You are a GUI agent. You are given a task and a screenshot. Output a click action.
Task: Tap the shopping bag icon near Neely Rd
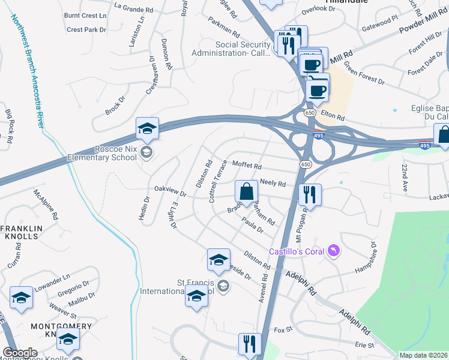[246, 192]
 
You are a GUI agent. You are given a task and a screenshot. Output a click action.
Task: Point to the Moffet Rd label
[247, 166]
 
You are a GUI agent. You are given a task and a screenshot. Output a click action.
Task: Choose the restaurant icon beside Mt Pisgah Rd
[310, 194]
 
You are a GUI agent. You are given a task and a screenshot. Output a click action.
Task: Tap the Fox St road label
[283, 329]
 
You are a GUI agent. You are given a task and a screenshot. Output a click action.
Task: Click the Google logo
[20, 353]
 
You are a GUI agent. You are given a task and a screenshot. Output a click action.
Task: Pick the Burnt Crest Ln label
[85, 14]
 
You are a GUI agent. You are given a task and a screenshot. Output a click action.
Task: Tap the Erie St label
[364, 345]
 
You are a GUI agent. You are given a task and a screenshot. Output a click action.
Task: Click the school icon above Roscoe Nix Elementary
[147, 128]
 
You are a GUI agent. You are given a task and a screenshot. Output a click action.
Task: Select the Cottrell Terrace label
[218, 181]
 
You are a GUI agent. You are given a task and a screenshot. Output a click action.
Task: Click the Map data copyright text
[423, 355]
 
